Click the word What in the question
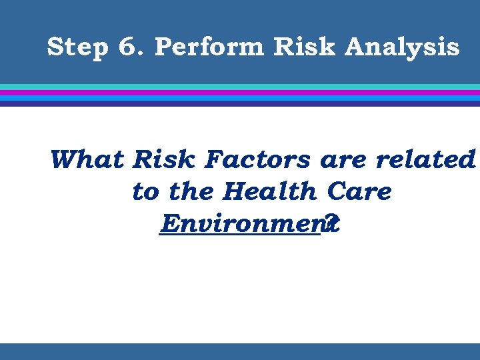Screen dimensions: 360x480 tap(87, 160)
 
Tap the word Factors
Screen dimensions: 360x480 tap(258, 160)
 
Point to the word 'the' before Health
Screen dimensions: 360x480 tap(192, 192)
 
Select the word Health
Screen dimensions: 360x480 tap(271, 192)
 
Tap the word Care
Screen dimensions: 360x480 tap(359, 192)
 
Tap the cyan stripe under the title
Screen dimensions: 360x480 tap(240, 87)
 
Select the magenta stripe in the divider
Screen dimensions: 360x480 tap(240, 93)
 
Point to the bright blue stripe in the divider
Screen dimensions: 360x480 tap(240, 98)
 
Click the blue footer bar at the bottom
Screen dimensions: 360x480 tap(240, 351)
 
